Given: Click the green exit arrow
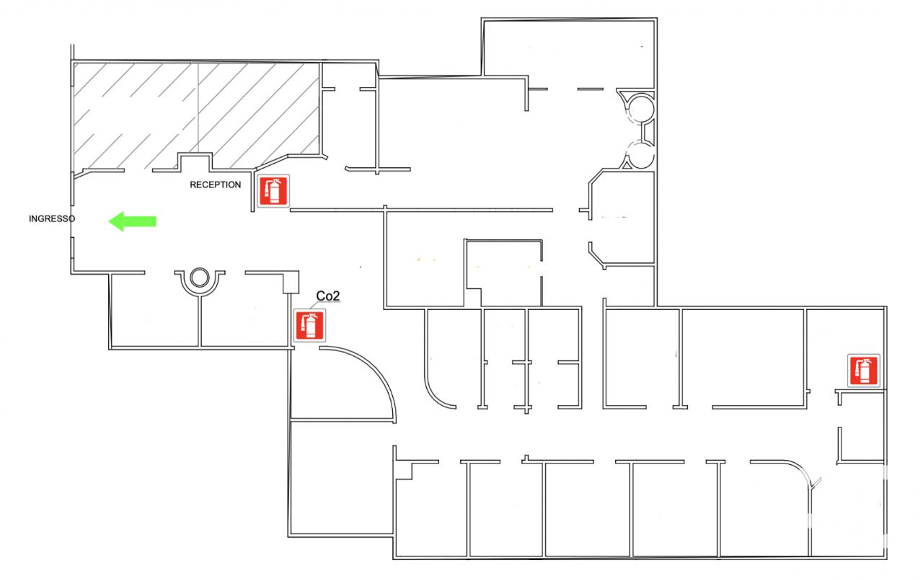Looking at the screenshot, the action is click(132, 221).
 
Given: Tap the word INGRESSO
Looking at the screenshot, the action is click(52, 219).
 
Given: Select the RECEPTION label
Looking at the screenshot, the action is click(215, 185).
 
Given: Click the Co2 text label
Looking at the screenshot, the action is click(328, 296).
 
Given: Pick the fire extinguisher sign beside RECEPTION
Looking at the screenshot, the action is click(273, 191).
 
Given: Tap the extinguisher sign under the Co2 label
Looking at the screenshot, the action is click(309, 325).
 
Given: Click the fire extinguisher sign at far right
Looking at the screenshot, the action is click(864, 371).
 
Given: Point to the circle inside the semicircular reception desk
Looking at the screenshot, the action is click(200, 278).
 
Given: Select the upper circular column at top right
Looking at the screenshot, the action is click(641, 109).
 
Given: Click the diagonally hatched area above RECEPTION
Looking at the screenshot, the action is click(196, 115).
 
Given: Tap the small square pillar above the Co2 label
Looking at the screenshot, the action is click(291, 283).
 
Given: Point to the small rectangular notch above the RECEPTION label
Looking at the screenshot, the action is click(195, 161).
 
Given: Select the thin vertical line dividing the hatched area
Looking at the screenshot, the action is click(198, 107).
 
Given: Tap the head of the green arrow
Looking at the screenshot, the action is click(116, 221).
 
